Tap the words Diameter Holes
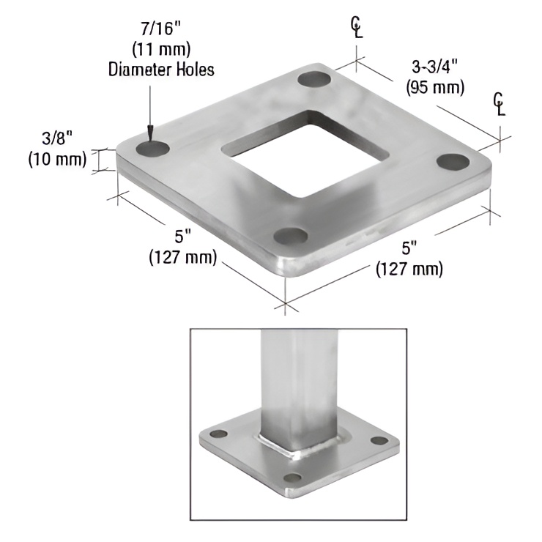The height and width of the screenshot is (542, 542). coord(161,70)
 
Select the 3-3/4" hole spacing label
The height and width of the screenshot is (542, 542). coord(434,68)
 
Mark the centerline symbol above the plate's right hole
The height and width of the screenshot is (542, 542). coord(500,103)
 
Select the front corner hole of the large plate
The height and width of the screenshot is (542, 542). coord(290,237)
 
